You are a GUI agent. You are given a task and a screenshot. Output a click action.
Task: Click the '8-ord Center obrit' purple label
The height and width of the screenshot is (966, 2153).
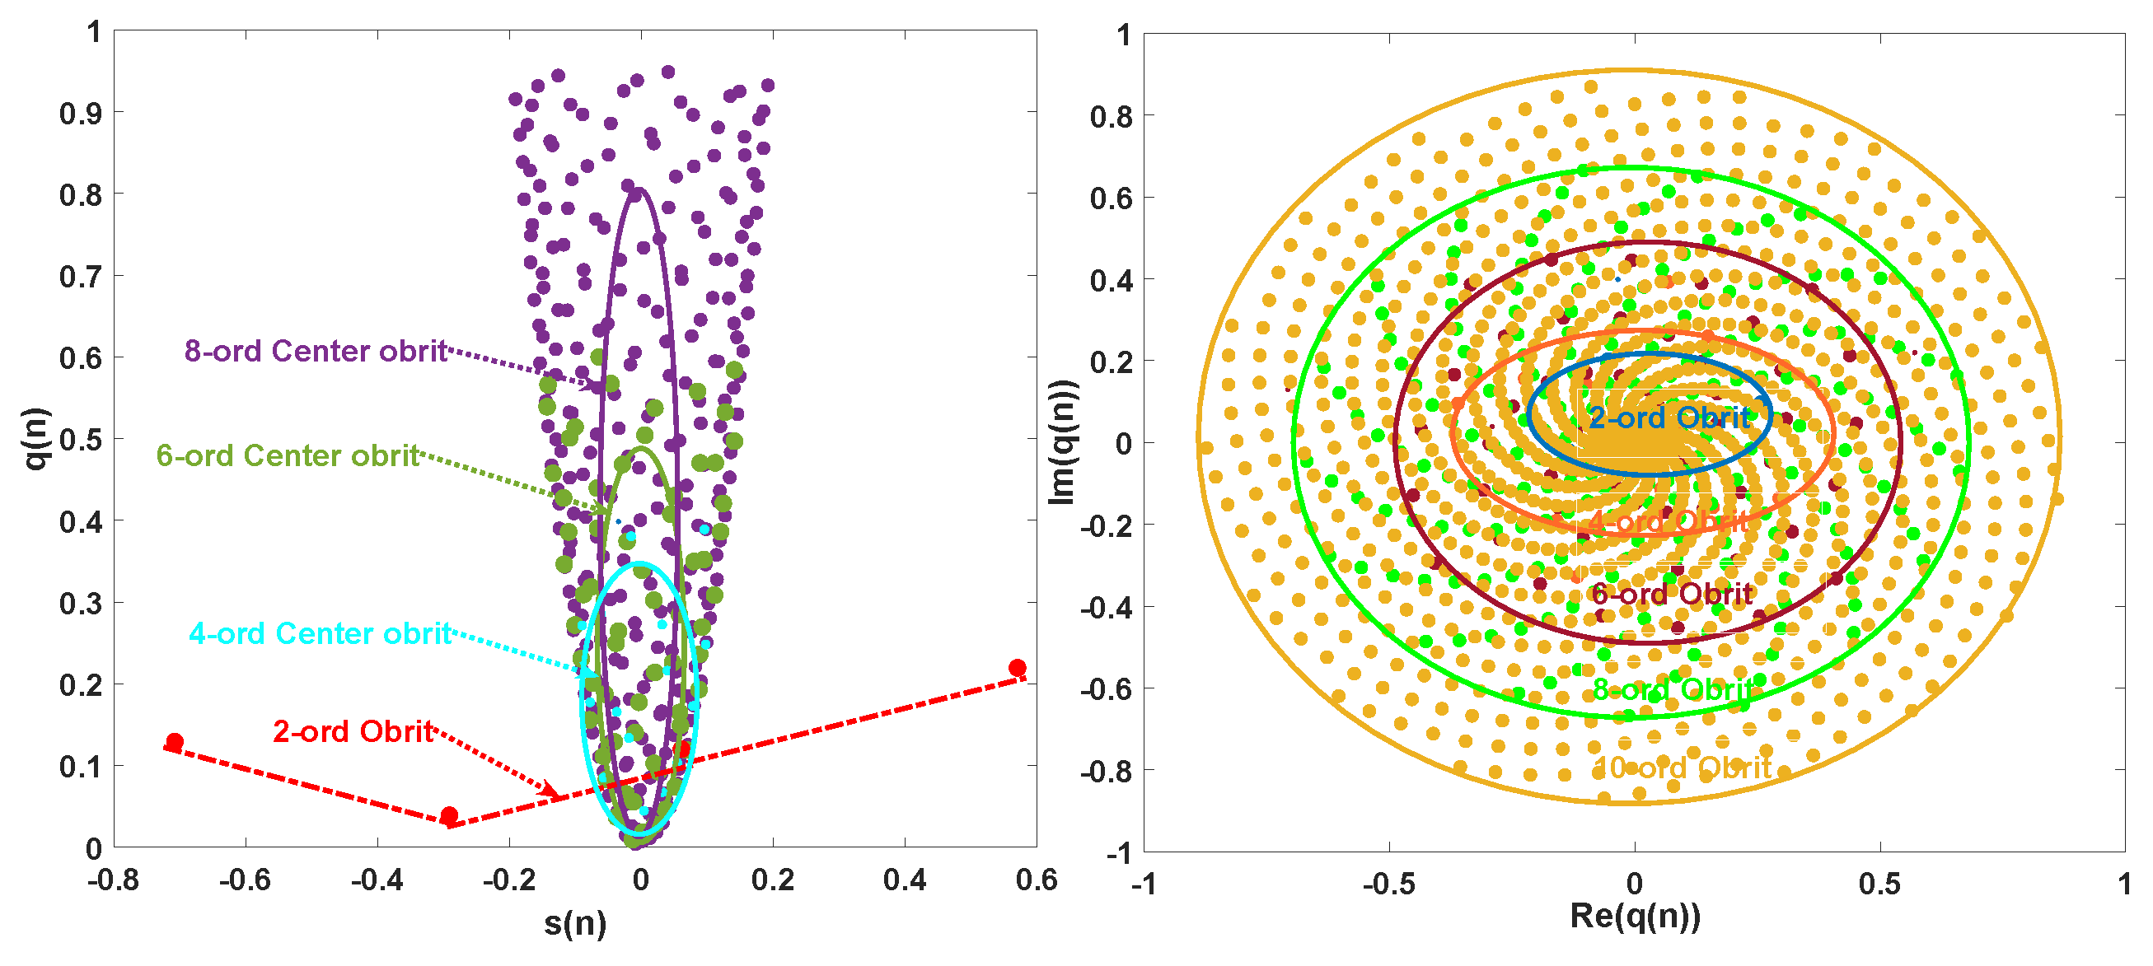point(316,351)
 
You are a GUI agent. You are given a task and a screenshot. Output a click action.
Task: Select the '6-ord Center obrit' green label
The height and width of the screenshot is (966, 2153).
point(288,455)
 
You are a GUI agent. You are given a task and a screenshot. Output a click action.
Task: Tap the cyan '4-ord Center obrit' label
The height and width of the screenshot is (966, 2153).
point(321,633)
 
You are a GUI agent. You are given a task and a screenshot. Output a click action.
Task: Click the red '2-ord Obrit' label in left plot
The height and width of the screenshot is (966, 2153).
point(353,731)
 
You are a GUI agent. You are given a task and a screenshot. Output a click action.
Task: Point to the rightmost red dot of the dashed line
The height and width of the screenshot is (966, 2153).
point(1017,668)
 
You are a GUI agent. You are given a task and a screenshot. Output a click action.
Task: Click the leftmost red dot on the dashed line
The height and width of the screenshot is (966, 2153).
point(175,742)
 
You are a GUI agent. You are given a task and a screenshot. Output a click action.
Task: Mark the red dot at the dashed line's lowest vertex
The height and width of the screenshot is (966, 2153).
point(449,815)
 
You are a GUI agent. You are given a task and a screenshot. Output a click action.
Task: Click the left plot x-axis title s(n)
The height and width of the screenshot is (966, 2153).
point(575,923)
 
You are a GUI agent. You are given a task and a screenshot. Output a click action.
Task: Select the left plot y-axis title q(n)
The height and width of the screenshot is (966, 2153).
point(35,439)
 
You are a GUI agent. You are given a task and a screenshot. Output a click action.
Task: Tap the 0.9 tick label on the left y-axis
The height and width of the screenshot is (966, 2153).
point(80,113)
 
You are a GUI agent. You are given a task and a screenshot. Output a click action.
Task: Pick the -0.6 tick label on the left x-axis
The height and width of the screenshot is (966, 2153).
point(244,880)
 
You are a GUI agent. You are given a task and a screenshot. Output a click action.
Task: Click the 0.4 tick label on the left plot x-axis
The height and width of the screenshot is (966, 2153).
point(905,880)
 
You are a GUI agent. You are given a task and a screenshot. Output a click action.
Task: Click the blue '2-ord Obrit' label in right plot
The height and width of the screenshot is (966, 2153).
point(1670,418)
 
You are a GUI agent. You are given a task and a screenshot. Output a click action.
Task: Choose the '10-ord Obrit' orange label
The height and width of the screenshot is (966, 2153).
point(1682,768)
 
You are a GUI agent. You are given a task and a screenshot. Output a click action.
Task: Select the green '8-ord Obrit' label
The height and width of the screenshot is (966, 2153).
point(1673,690)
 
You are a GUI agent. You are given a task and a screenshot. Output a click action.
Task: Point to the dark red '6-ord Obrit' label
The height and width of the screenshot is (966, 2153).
point(1672,594)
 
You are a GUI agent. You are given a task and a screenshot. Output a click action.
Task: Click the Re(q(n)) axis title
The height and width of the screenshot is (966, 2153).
point(1635,917)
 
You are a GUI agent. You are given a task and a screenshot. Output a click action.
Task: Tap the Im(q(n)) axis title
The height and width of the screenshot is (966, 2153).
point(1062,443)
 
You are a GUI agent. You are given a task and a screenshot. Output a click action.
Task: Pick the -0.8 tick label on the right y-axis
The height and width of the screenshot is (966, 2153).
point(1107,771)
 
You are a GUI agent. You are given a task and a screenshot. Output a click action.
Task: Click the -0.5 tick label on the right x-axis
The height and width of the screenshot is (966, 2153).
point(1388,884)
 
